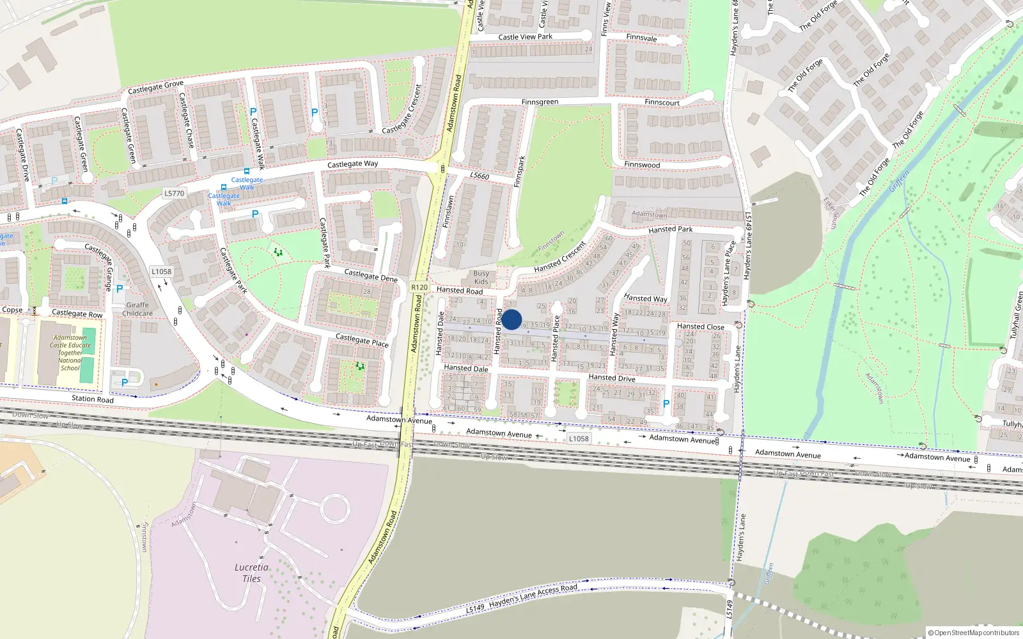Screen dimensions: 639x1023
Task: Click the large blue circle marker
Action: pos(511,319)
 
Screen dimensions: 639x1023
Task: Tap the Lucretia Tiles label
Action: pos(251,573)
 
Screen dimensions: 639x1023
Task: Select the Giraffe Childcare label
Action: pos(137,309)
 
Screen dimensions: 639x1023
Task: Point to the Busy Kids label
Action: pos(481,277)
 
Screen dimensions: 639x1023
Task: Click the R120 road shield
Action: pos(419,288)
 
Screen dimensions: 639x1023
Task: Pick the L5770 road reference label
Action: pos(174,193)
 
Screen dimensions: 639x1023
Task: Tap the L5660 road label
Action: pos(480,176)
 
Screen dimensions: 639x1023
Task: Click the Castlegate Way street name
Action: pos(352,164)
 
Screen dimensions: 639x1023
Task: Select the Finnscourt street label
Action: pos(662,102)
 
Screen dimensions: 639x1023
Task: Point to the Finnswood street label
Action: pos(642,165)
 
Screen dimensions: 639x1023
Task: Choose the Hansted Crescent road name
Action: pos(560,258)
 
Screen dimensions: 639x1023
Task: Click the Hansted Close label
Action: pos(701,327)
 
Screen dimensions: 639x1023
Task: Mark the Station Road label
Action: pos(93,399)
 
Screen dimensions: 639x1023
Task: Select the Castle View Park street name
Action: pos(525,37)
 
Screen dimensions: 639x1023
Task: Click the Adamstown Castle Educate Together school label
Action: pos(70,353)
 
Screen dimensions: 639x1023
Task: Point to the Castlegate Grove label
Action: pos(155,87)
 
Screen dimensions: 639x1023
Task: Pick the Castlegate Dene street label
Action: pos(371,275)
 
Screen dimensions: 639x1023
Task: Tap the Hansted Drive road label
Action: pos(612,378)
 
